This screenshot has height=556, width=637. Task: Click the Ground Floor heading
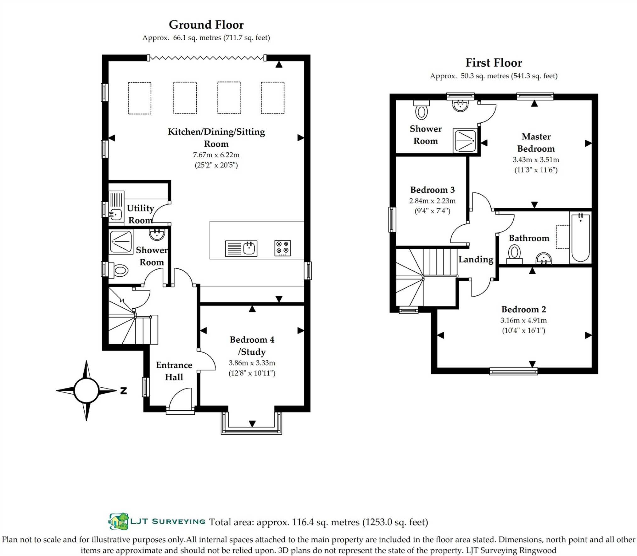(x=206, y=25)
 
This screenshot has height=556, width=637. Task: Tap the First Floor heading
(x=494, y=63)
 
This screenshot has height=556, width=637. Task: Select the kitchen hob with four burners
(x=282, y=248)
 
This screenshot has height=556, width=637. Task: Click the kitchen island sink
(x=241, y=249)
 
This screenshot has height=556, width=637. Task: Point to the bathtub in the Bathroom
(x=580, y=238)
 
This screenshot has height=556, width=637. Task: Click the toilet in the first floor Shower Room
(x=421, y=110)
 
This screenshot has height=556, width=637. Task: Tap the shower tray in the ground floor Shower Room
(x=121, y=242)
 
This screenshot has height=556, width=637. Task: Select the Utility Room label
(x=141, y=214)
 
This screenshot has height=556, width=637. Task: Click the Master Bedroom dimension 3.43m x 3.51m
(x=536, y=160)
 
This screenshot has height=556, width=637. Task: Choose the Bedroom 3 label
(x=432, y=190)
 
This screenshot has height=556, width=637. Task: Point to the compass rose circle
(x=87, y=390)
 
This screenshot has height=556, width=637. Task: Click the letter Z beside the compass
(x=124, y=391)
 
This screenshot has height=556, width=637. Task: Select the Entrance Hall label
(x=174, y=371)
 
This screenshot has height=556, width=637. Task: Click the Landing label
(x=476, y=260)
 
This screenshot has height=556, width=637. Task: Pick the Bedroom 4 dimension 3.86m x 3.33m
(x=252, y=363)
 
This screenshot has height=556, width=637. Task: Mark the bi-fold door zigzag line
(x=206, y=58)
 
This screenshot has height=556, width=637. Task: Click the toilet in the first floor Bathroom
(x=515, y=254)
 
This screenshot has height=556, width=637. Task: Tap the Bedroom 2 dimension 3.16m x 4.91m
(x=523, y=320)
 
